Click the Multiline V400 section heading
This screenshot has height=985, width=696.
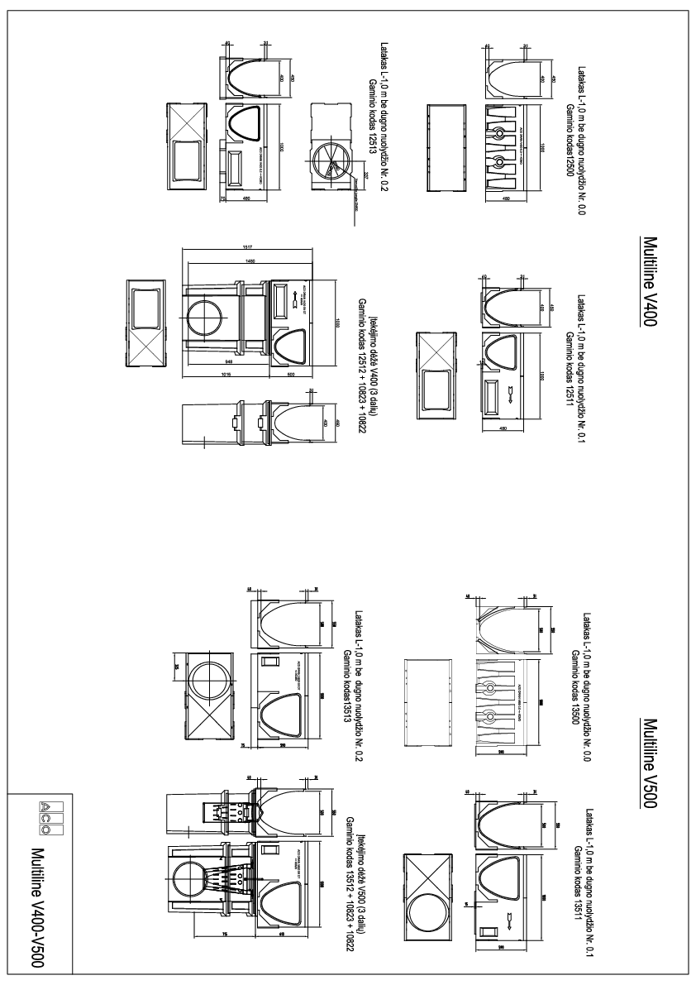click(649, 281)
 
